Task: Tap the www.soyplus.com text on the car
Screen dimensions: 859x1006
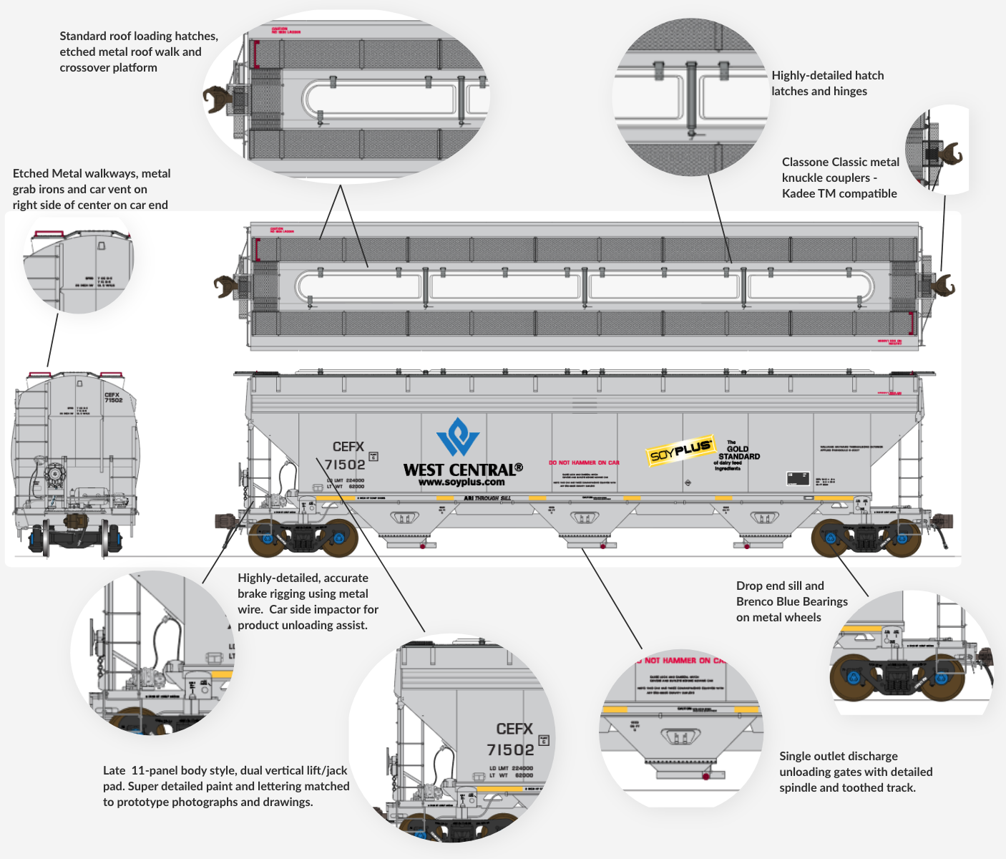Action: [x=462, y=482]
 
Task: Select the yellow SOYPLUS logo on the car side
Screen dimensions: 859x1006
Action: [x=680, y=451]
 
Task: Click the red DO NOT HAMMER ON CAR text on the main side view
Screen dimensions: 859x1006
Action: [x=584, y=463]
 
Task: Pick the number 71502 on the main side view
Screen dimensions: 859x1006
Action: [x=345, y=465]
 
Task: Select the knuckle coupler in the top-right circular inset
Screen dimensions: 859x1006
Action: [x=949, y=153]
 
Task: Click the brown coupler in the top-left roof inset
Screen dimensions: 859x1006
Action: [x=216, y=100]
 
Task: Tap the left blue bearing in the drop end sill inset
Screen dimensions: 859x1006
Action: [x=853, y=677]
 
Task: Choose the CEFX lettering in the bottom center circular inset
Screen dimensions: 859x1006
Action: [x=514, y=729]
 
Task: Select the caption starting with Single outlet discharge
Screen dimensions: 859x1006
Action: [x=856, y=772]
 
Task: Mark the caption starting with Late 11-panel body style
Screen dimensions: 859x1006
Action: [x=226, y=786]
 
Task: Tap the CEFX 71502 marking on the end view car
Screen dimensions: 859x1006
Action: [x=113, y=397]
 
